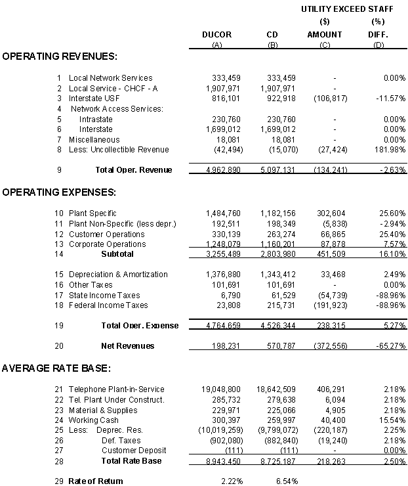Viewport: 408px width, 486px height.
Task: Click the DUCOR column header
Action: pyautogui.click(x=216, y=35)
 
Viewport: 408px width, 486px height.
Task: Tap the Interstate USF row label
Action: pyautogui.click(x=95, y=99)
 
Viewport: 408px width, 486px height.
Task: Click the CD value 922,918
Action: pyautogui.click(x=281, y=99)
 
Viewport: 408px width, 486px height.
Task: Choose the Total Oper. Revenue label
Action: pyautogui.click(x=134, y=170)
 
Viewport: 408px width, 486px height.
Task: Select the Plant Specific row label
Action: pyautogui.click(x=92, y=213)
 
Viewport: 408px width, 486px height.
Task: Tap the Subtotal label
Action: pyautogui.click(x=117, y=254)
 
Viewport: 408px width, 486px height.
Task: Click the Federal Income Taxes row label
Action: pyautogui.click(x=108, y=305)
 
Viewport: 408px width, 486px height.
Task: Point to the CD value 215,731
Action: pyautogui.click(x=281, y=305)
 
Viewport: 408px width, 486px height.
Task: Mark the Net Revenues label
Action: pyautogui.click(x=127, y=346)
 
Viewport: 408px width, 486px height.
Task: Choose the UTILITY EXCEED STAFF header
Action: pyautogui.click(x=347, y=9)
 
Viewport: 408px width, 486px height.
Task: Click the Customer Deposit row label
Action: pyautogui.click(x=133, y=451)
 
